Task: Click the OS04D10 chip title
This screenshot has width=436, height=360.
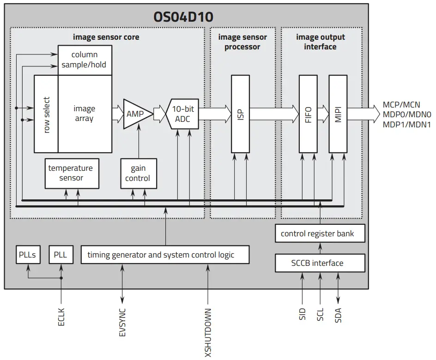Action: point(183,18)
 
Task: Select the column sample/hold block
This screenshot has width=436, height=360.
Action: point(85,60)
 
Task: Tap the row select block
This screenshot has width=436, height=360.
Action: point(46,114)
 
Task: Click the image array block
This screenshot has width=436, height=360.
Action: point(85,114)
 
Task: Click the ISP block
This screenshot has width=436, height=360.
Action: point(240,114)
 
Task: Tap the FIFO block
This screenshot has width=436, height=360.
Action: point(308,114)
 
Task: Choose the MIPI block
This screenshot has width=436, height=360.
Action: point(338,114)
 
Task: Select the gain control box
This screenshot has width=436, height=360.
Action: point(138,173)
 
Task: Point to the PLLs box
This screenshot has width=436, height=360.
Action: point(28,255)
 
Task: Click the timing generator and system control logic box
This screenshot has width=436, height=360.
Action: point(165,255)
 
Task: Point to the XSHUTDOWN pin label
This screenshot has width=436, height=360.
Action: point(208,332)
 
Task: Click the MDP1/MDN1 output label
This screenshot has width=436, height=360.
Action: point(406,125)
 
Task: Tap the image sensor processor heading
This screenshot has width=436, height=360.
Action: point(242,42)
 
